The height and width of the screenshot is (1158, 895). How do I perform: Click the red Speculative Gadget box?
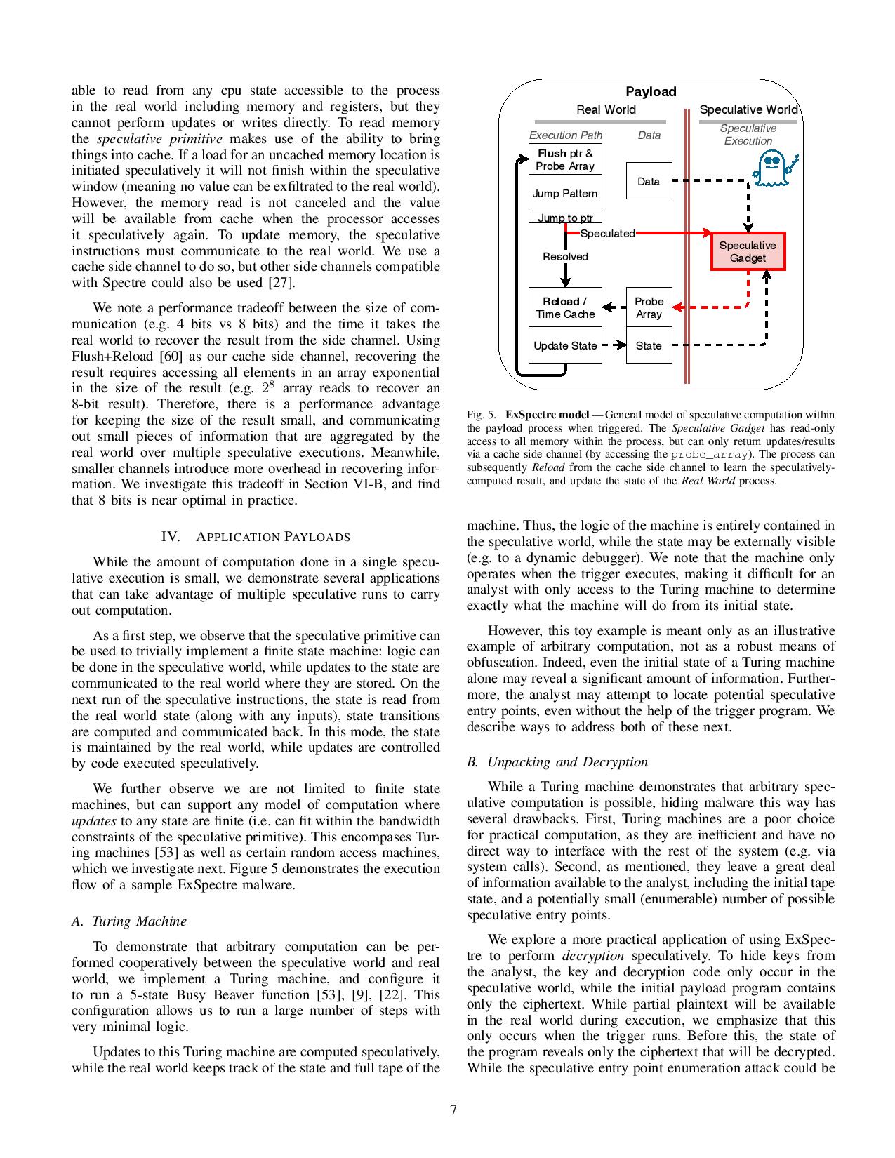[748, 251]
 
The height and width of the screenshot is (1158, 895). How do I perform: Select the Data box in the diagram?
[649, 181]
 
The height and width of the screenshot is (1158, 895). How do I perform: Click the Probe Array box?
[649, 307]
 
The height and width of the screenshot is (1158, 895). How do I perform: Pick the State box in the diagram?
[649, 345]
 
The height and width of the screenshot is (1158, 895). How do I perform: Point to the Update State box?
[565, 345]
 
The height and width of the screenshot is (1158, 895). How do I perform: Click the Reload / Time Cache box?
[565, 307]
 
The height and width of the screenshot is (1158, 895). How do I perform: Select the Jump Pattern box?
[565, 194]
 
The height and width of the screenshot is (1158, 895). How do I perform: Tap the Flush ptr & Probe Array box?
[565, 159]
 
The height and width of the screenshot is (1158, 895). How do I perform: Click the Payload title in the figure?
[651, 91]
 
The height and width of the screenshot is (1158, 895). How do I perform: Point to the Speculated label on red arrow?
[607, 234]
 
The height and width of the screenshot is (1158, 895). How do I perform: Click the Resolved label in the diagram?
[565, 257]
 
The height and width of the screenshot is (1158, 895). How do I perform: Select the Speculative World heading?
[748, 109]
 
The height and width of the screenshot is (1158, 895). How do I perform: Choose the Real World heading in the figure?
[606, 109]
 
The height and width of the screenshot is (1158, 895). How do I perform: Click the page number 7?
[453, 1110]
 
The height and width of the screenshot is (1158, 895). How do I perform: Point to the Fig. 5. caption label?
[482, 414]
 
